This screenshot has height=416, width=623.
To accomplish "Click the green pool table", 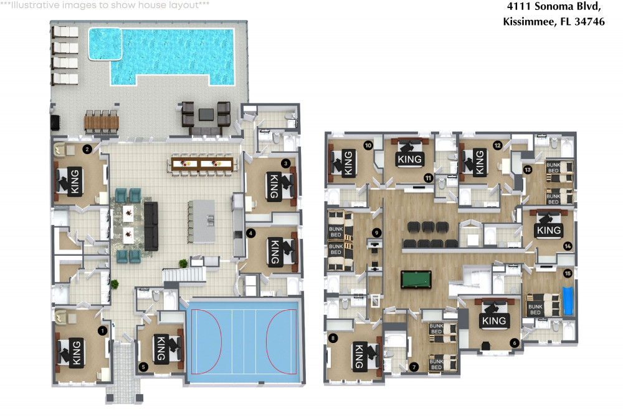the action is pos(416,279).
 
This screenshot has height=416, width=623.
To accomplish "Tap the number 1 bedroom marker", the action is pos(103,331).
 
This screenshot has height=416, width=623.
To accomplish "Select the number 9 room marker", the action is pos(376,233).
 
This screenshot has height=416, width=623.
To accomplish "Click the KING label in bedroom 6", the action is pos(494,321).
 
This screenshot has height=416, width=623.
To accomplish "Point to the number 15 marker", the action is pos(568,273).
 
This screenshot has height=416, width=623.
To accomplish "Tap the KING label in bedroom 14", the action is pos(549,230).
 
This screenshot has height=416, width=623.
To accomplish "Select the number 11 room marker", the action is pos(428,178).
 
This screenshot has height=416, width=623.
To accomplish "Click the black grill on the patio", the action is pos(55,122).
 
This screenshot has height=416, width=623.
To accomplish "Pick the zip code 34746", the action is pos(589,21).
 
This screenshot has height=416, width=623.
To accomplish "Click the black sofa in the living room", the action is pos(151,226).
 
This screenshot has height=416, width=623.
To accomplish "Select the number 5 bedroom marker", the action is pos(143,367).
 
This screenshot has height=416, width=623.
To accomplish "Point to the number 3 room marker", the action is pos(285,163).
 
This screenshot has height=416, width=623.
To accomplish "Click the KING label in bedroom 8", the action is pos(358,356).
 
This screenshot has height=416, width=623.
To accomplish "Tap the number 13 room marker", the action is pos(527,170).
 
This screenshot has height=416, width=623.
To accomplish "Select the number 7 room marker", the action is pos(414,367).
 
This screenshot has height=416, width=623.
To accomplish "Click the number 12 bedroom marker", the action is pos(497,145).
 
